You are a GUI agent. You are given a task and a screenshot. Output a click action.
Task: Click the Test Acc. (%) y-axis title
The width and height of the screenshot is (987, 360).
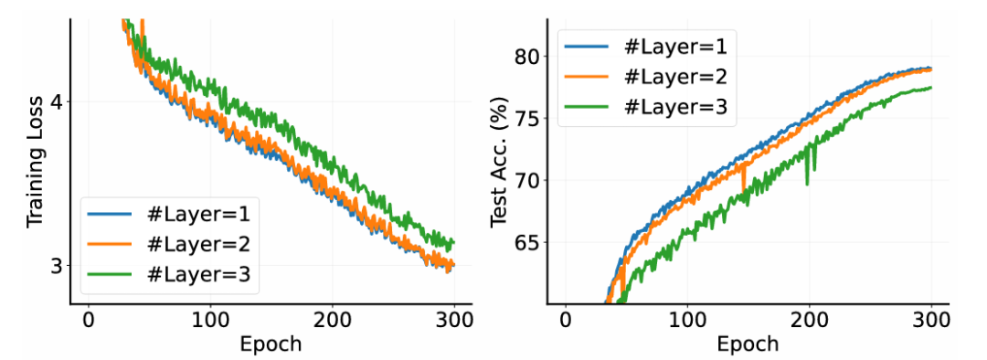click(x=501, y=163)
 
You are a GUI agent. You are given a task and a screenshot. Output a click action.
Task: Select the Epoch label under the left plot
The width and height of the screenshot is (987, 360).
click(x=271, y=344)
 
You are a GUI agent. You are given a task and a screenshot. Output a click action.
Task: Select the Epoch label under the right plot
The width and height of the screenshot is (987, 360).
click(x=748, y=344)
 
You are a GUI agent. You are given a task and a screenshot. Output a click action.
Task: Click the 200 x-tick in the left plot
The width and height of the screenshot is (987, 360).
click(x=332, y=321)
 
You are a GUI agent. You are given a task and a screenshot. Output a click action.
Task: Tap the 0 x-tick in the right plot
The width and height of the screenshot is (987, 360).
click(x=566, y=321)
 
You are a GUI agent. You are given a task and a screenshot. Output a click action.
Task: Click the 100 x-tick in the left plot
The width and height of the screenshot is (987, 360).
click(x=210, y=321)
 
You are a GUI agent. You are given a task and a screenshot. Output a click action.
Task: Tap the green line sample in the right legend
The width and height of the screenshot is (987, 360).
click(x=586, y=106)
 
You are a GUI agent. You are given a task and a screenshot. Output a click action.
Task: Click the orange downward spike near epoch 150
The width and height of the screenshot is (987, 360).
click(x=744, y=176)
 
